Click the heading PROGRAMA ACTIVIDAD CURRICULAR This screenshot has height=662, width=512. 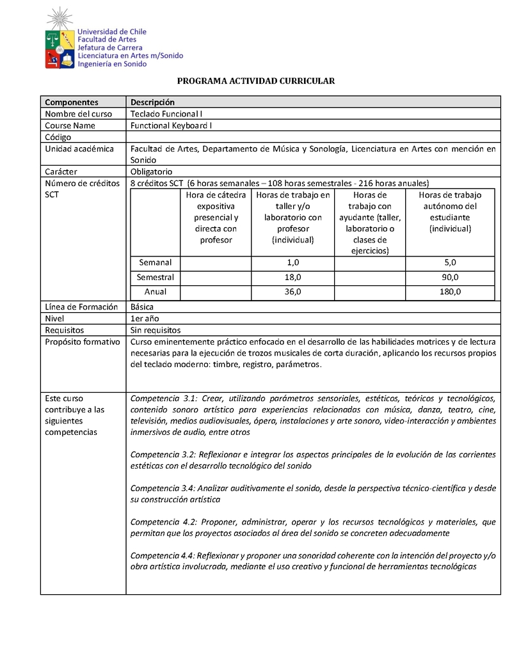256,81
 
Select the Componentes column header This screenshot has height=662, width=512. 72,102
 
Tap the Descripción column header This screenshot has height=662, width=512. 152,102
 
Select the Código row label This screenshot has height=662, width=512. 58,137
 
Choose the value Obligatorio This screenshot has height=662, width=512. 151,171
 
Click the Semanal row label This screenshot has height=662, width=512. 156,262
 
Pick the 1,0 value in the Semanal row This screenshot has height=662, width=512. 293,262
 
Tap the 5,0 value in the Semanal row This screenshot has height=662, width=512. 450,262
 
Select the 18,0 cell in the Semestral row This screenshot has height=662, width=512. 293,277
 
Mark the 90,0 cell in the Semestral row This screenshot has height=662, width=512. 450,277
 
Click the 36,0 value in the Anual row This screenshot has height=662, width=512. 293,292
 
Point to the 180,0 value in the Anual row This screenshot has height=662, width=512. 450,292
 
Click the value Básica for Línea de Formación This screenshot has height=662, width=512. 142,307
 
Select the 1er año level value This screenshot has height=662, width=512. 145,319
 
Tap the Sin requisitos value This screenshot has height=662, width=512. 155,330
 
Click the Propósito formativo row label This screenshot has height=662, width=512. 82,342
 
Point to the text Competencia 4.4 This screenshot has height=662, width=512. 163,555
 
